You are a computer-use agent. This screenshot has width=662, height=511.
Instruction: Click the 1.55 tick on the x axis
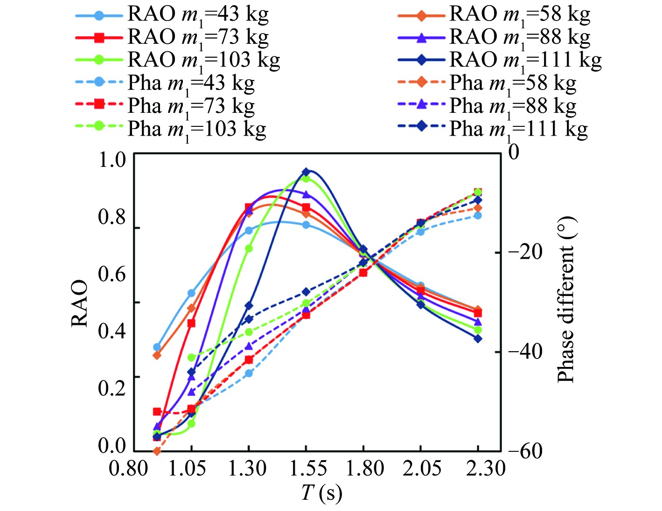click(x=306, y=468)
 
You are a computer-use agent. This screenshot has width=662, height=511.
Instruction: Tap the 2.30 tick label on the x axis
click(x=485, y=468)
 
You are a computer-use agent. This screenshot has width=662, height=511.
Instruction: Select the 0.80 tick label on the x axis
click(x=128, y=468)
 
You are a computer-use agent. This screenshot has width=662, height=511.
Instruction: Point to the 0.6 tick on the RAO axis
click(x=112, y=274)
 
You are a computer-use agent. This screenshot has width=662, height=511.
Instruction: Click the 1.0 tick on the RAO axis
click(x=112, y=160)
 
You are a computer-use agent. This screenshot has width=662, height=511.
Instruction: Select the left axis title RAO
click(x=80, y=303)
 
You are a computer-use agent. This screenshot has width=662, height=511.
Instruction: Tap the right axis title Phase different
click(x=566, y=301)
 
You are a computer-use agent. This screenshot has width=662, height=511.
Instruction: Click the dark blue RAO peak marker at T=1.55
click(x=306, y=172)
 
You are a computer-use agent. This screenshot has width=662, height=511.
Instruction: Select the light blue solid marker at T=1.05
click(x=191, y=293)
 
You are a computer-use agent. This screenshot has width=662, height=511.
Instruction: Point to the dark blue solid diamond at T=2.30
click(x=478, y=338)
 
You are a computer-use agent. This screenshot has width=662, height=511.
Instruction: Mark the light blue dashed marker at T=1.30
click(x=249, y=373)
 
